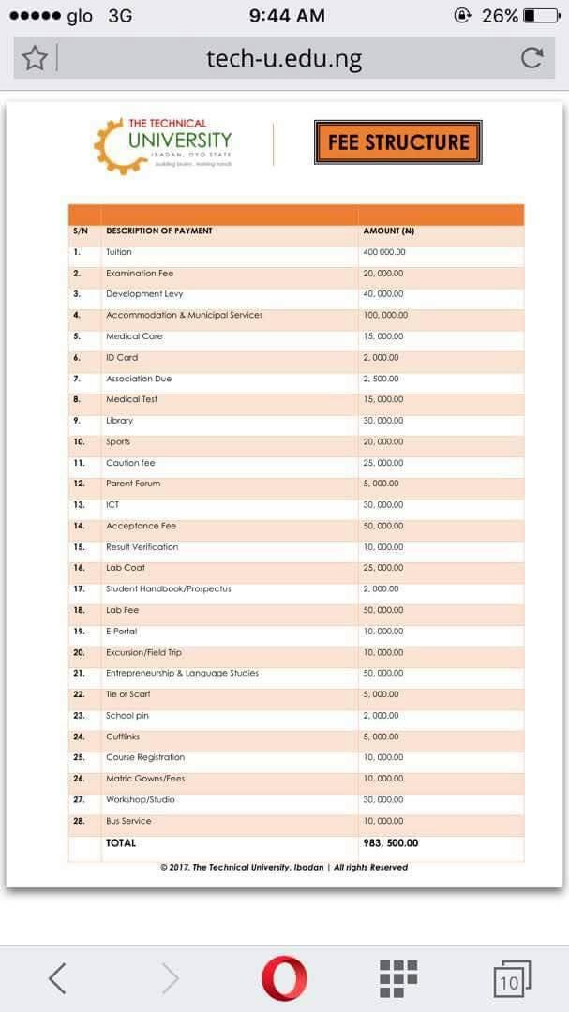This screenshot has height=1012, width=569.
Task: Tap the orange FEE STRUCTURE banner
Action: pos(397,142)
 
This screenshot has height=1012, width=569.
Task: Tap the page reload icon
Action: pos(532,59)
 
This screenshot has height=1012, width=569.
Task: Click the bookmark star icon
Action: pos(35,59)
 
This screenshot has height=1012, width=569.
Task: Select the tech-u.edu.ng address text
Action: pos(284,60)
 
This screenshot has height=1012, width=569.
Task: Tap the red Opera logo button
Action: pos(284,978)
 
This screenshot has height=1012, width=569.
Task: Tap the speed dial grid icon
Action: pos(398,978)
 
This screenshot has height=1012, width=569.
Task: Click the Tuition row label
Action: pos(119,252)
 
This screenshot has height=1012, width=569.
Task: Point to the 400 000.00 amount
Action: pos(384,252)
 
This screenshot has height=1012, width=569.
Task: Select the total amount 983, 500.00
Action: pos(391,843)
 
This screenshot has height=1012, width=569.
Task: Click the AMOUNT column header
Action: pos(388,231)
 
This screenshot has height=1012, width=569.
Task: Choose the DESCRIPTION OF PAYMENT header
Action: pos(159,231)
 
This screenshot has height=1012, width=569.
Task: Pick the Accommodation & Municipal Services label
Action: pos(185,315)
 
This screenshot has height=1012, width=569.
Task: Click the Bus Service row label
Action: pos(128,821)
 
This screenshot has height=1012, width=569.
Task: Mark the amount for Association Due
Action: pos(381,379)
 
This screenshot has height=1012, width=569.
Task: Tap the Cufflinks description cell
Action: pos(123,737)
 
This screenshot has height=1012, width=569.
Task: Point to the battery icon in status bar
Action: pos(541,16)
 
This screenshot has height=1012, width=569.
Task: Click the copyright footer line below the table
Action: pos(284,868)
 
